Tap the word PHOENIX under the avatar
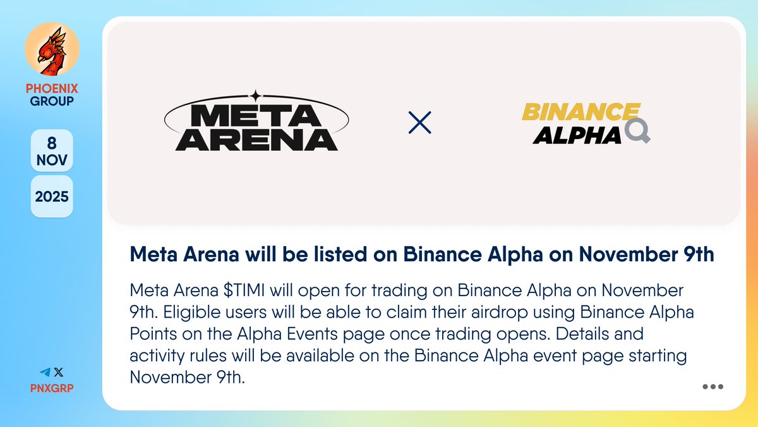(x=52, y=89)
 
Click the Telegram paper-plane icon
(x=44, y=373)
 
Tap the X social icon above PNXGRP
(x=59, y=373)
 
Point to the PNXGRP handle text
(x=52, y=387)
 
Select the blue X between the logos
(x=420, y=122)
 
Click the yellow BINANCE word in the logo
(x=581, y=113)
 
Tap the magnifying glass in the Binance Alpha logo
(x=637, y=132)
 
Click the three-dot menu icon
(x=713, y=387)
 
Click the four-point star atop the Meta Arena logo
(x=256, y=97)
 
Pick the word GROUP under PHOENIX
(x=52, y=101)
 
